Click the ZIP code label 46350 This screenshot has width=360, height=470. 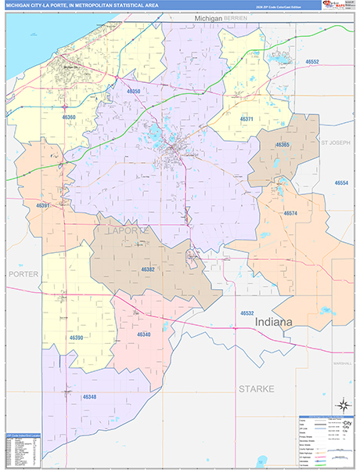134,92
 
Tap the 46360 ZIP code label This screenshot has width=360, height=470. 68,117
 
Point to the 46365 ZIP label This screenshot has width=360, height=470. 283,145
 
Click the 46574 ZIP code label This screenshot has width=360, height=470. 290,213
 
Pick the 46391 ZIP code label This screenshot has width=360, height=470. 43,205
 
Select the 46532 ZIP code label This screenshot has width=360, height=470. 247,313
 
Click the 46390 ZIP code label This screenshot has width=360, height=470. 76,338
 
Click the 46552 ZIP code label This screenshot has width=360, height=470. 312,61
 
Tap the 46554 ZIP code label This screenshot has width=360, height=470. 341,183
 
